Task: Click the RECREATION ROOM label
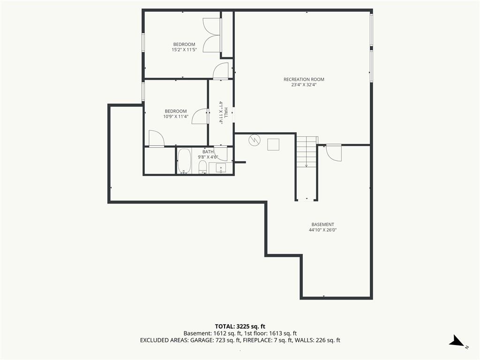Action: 304,79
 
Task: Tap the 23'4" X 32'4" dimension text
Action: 304,85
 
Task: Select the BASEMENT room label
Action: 322,225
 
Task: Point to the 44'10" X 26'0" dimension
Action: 322,230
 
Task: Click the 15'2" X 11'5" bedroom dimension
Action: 184,50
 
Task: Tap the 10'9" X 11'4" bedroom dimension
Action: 175,117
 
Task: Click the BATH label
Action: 208,152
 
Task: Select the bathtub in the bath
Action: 184,161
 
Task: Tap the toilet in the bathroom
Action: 202,167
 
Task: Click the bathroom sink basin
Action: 220,168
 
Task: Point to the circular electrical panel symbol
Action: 254,140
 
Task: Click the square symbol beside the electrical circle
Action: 273,144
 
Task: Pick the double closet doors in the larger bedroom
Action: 211,35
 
